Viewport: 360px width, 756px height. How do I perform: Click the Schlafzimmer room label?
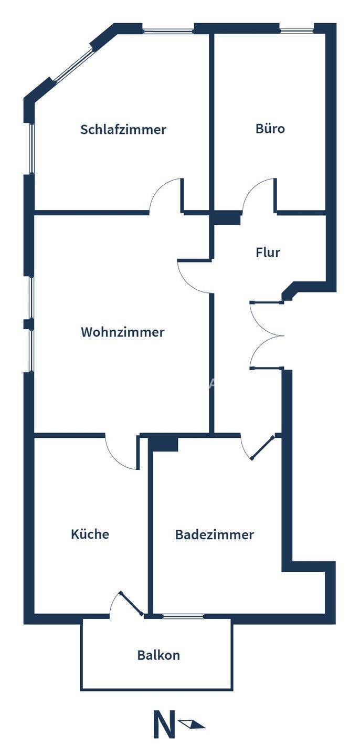point(123,129)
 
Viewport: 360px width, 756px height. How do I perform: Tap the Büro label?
point(270,128)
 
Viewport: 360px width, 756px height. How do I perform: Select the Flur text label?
point(268,253)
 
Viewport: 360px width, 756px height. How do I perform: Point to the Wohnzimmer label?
point(122,332)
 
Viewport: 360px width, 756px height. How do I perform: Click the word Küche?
point(90,534)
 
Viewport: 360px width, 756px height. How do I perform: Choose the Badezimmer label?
point(214,535)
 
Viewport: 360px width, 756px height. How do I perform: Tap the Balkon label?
point(158,655)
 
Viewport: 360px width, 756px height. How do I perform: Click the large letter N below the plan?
point(163,724)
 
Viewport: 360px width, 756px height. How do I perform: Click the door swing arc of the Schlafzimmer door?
point(164,195)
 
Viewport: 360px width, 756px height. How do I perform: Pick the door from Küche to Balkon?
point(126,604)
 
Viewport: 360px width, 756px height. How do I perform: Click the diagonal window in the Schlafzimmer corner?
point(73,63)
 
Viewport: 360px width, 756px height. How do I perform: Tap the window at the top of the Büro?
point(297,30)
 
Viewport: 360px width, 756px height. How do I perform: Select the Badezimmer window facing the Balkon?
point(183,616)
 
